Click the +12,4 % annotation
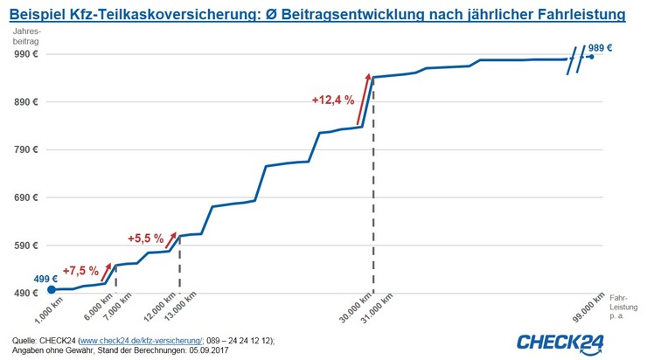coord(332,100)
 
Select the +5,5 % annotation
coord(146,238)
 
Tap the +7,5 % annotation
coord(80,271)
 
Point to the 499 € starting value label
coord(45,279)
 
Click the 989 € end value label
coord(601,48)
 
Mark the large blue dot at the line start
coord(51,289)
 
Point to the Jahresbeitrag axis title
coord(26,38)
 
